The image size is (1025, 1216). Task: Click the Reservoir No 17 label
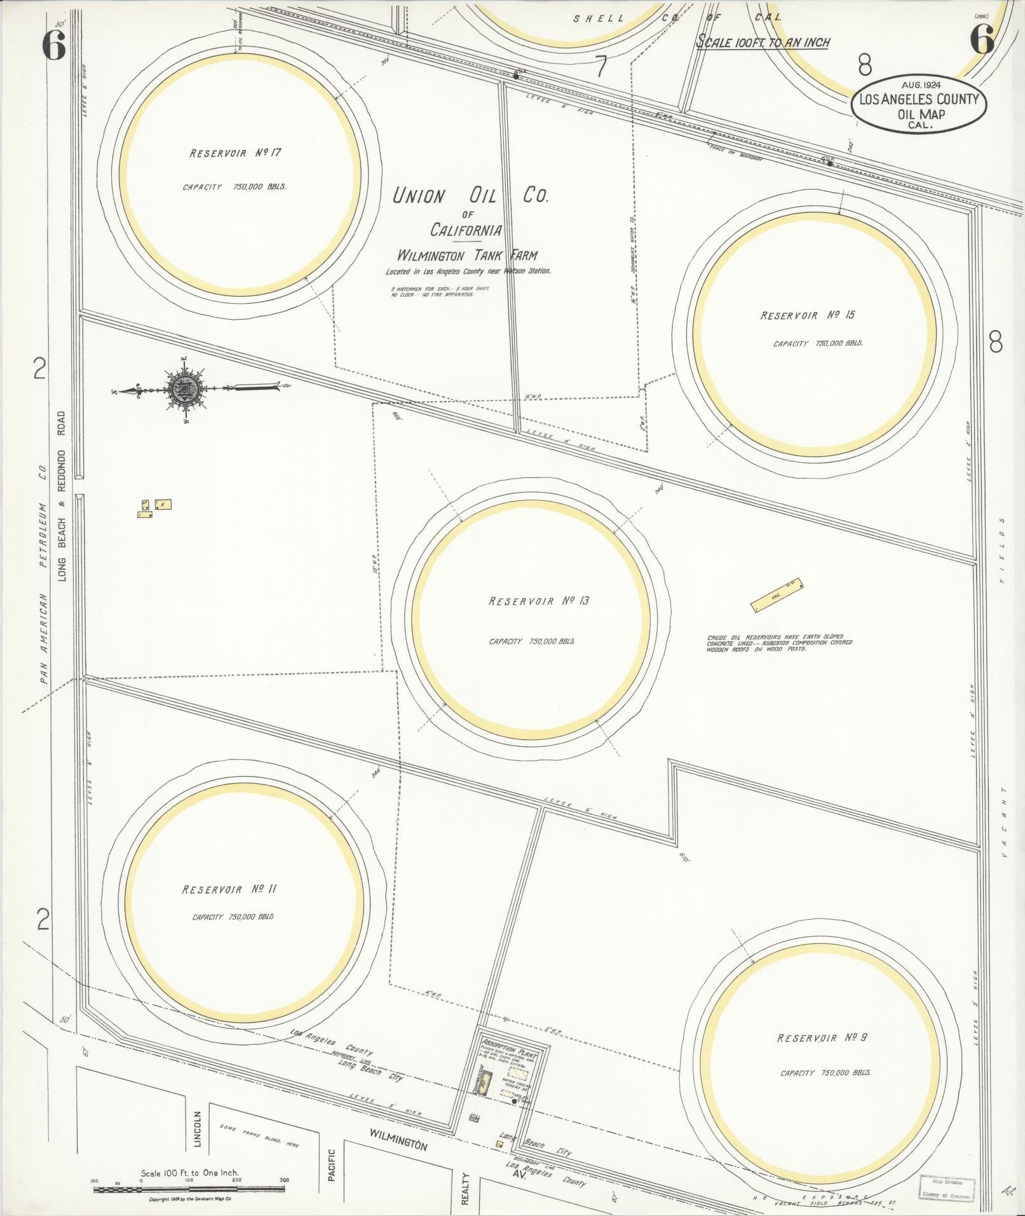coord(234,153)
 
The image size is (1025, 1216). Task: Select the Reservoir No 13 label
coord(538,601)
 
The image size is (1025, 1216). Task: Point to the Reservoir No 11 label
coord(229,889)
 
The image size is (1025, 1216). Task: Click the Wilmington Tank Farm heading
coord(467,256)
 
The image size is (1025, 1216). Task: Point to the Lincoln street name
coord(197,1129)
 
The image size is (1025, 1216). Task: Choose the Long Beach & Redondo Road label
coord(62,496)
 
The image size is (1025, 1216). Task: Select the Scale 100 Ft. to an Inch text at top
coord(763,43)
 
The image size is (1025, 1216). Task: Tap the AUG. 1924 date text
coord(920,84)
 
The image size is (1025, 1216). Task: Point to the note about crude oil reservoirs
coord(778,645)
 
